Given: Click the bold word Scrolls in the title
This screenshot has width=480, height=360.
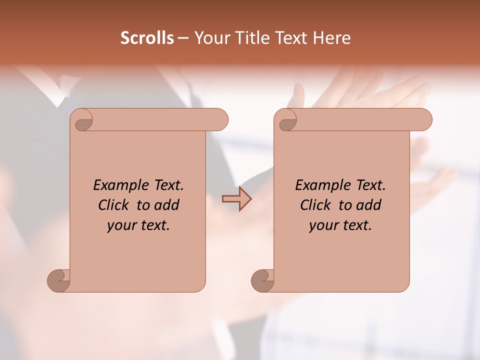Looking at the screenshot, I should [147, 37].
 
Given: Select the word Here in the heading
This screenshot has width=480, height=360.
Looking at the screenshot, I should [332, 37].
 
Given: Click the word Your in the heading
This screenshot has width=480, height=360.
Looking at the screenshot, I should [211, 37].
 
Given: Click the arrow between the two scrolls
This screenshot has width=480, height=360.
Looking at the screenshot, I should [237, 199].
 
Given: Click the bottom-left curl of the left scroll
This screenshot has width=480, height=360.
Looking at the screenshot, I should [58, 280].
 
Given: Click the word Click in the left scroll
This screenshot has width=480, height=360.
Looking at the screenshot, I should [114, 205].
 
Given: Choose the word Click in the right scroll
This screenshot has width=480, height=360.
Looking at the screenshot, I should [316, 205].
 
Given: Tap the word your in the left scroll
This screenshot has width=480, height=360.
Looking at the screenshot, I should [121, 225].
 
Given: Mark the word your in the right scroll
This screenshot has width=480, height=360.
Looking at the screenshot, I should [323, 225].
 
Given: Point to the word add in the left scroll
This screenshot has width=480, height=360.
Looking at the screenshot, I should [167, 205].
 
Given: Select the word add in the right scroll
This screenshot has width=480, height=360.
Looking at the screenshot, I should [369, 205].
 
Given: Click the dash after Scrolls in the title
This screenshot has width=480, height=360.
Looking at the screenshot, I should [183, 38].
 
